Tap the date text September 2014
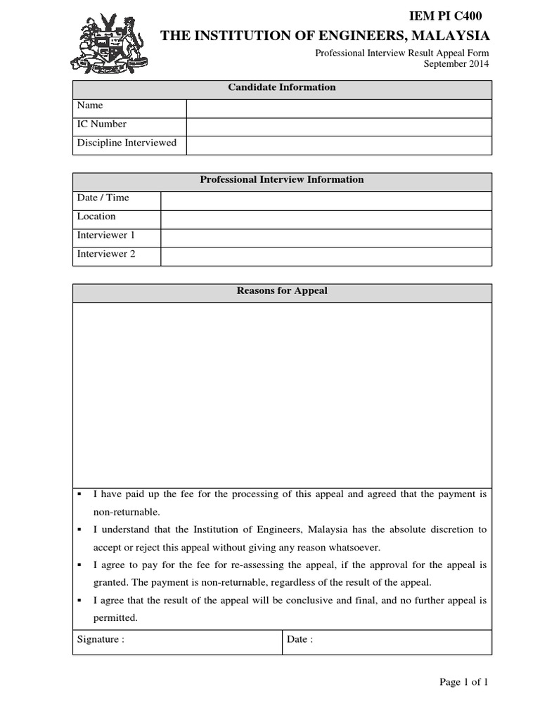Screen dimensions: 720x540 click(x=456, y=64)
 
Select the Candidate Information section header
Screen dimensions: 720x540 click(x=282, y=88)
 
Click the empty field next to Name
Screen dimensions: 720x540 click(x=338, y=108)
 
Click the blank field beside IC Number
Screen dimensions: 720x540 click(x=338, y=127)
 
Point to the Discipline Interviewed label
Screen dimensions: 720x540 click(x=127, y=143)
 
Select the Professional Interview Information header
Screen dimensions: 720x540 click(x=282, y=180)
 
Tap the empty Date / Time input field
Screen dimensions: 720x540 click(x=326, y=200)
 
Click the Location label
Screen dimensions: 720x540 click(x=96, y=217)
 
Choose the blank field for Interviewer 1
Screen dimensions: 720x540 click(x=326, y=238)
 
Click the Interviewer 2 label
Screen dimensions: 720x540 click(x=106, y=254)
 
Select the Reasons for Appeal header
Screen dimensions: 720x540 click(x=282, y=291)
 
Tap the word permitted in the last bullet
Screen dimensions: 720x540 click(x=115, y=618)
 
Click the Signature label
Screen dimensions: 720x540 click(x=101, y=640)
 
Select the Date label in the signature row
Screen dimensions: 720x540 click(x=300, y=640)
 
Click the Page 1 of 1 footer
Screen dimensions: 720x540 click(x=463, y=682)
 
